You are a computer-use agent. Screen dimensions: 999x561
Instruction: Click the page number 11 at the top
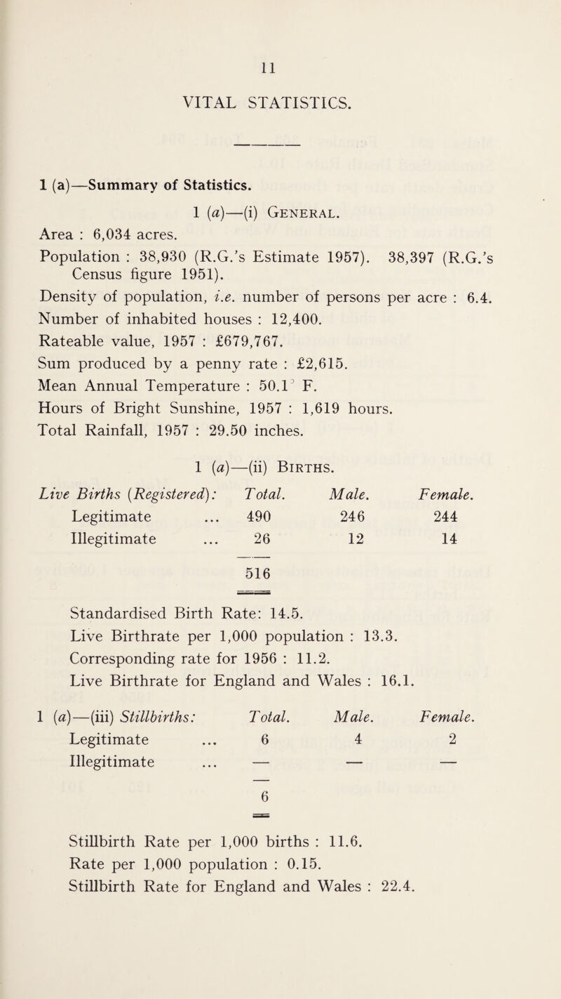point(281,70)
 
